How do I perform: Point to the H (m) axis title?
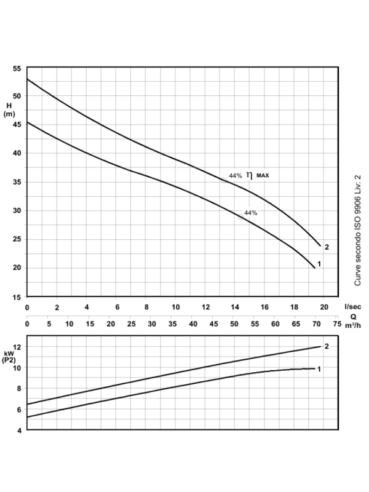[9, 109]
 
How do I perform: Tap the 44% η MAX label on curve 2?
[249, 175]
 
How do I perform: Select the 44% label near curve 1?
[250, 213]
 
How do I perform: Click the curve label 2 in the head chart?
[327, 247]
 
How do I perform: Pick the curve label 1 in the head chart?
[320, 264]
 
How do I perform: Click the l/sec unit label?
[352, 306]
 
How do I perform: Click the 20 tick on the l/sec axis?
[324, 306]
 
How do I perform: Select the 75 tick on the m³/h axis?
[337, 323]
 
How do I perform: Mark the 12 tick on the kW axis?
[17, 347]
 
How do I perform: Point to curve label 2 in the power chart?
[327, 346]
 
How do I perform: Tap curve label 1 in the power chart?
[320, 368]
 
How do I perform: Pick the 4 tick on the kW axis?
[18, 430]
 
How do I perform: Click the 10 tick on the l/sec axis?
[175, 306]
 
